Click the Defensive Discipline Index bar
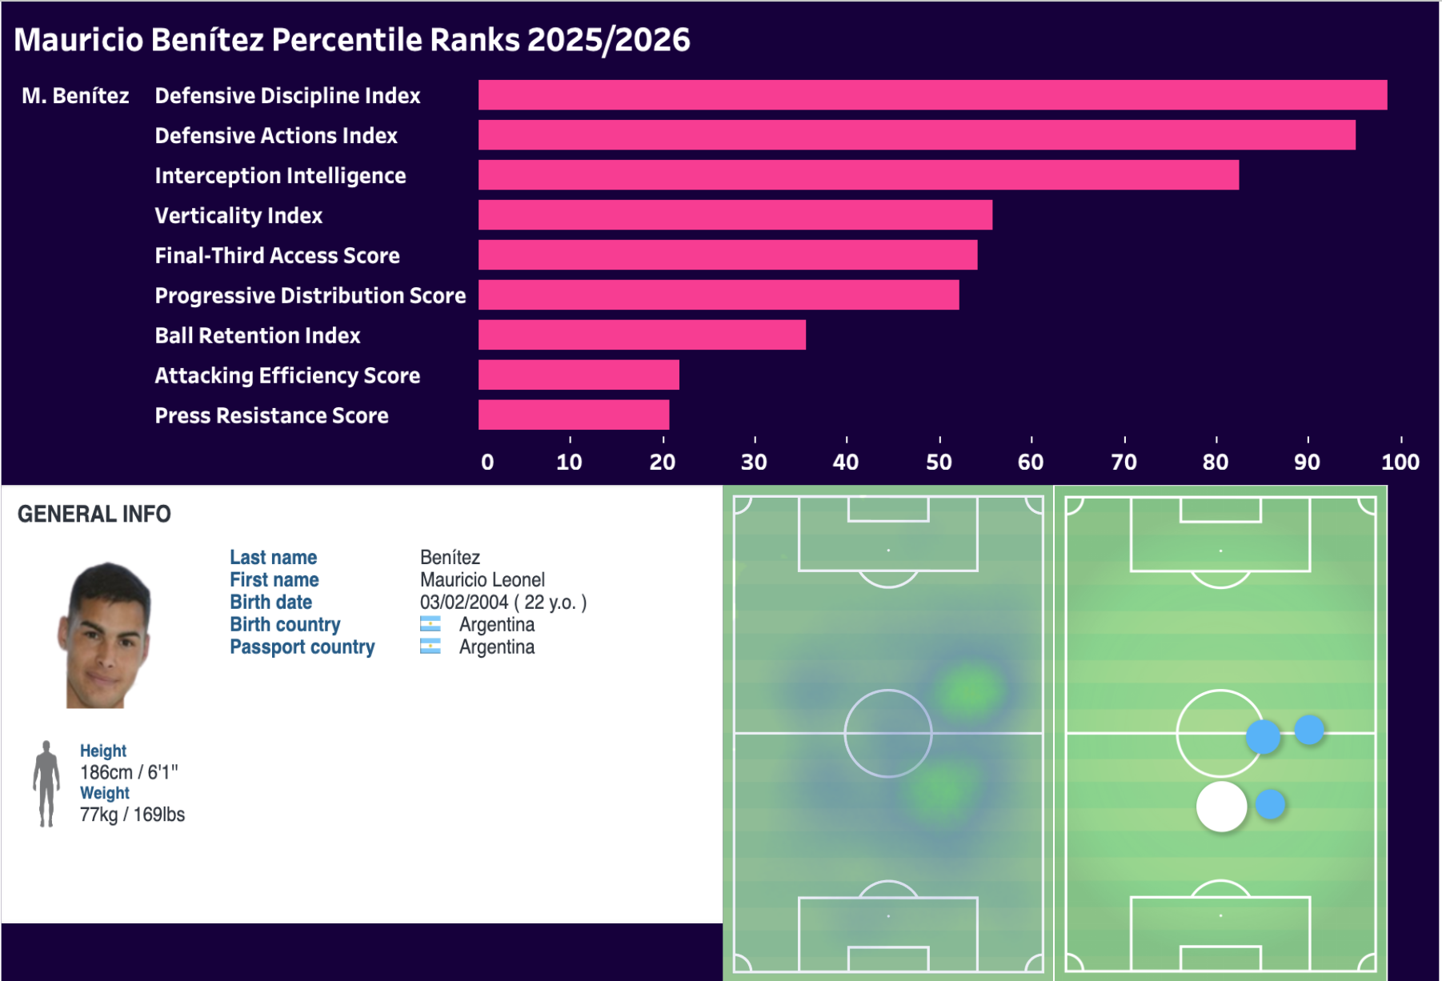932,95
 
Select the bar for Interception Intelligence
858,175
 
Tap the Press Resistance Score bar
574,415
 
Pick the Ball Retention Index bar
642,335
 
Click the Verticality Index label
238,216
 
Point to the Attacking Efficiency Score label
287,376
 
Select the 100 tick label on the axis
1400,462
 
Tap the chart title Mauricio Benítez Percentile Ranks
352,40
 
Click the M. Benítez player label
75,96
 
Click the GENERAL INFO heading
94,514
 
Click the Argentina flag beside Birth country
431,624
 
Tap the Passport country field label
302,647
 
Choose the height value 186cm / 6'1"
129,772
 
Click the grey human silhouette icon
46,783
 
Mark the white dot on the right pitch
1221,807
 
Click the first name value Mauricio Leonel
482,580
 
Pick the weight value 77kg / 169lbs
132,815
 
